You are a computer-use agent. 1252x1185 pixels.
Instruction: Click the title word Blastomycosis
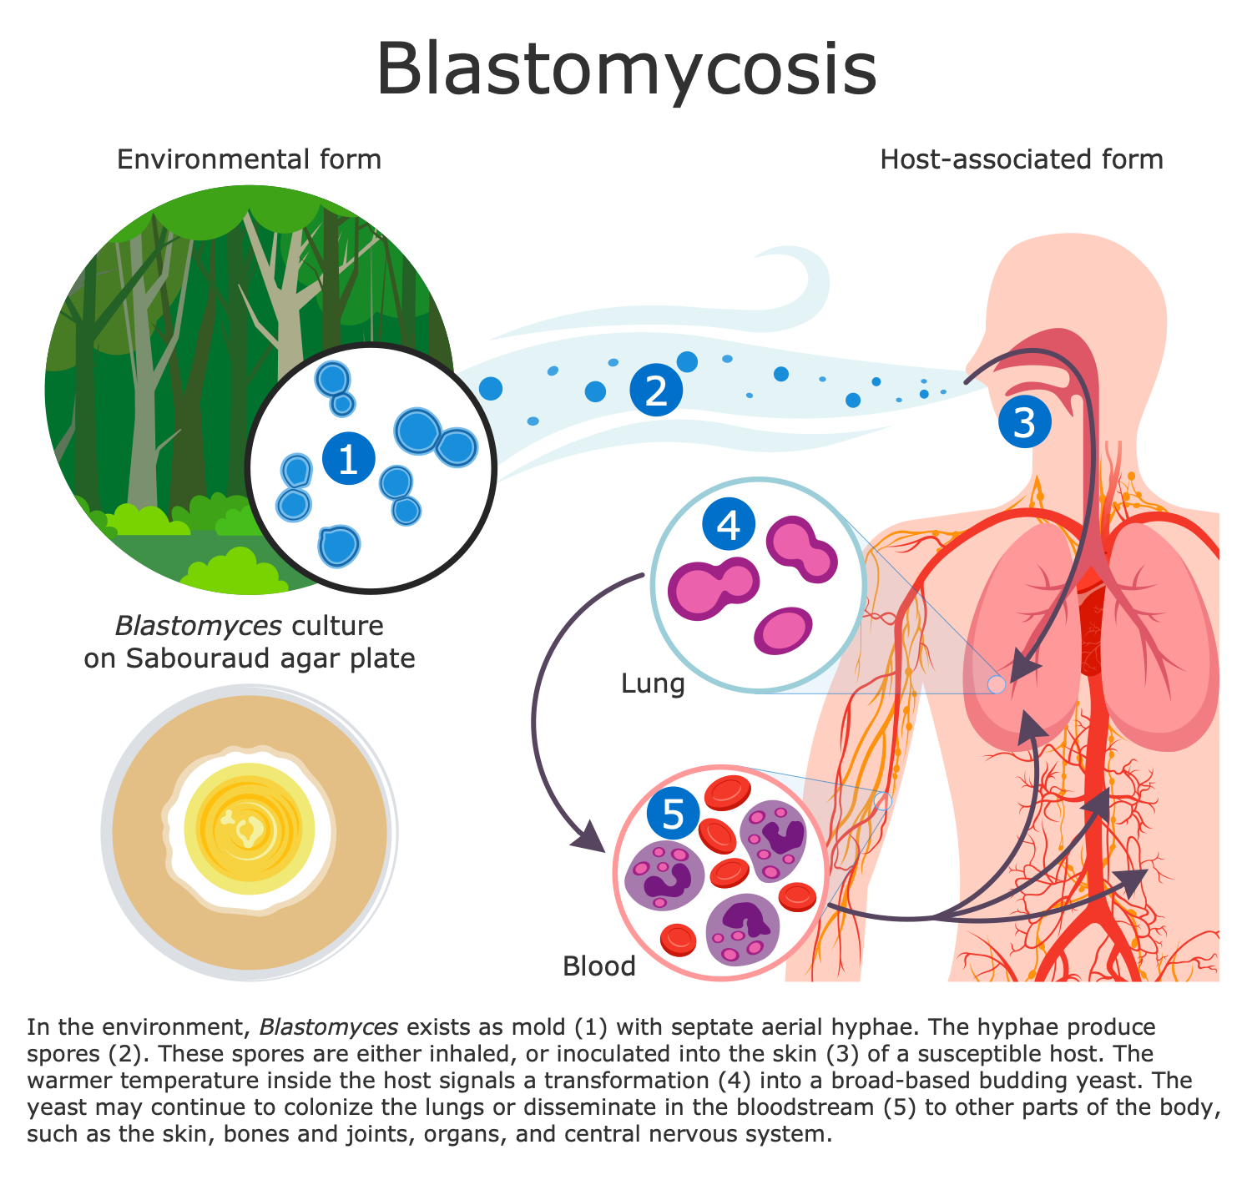tap(626, 68)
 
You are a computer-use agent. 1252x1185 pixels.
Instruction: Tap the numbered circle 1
tap(348, 458)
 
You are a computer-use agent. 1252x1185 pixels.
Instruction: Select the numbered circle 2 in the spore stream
tap(656, 389)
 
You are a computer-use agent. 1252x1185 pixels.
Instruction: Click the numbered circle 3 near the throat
tap(1024, 422)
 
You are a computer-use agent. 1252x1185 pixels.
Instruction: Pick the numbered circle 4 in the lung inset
tap(728, 525)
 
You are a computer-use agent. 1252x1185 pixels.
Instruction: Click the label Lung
tap(652, 684)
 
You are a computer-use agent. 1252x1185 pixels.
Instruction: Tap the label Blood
tap(598, 966)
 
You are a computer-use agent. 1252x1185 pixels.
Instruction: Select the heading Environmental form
tap(249, 159)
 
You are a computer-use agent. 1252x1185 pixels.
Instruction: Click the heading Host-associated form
tap(1021, 159)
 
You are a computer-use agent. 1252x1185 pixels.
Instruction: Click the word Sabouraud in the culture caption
tap(206, 659)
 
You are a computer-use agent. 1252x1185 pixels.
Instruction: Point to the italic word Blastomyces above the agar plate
tap(198, 626)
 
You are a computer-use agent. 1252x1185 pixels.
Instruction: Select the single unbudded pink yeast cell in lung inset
tap(782, 630)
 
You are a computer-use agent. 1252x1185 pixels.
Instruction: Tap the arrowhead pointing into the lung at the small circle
tap(1025, 668)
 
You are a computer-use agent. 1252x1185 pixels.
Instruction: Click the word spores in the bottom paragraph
tap(60, 1053)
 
